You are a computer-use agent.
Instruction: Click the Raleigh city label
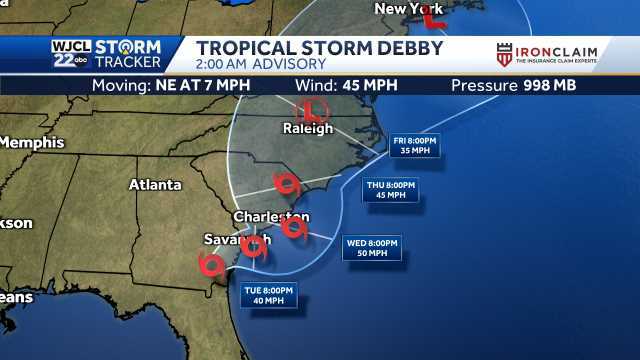tap(307, 128)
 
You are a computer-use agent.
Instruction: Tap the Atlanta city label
tap(155, 184)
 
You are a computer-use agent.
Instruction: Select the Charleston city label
tap(271, 216)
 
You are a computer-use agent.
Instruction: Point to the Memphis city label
tap(31, 142)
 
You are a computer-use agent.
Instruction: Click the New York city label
tap(407, 9)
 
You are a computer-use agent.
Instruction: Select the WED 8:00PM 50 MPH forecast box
tap(372, 247)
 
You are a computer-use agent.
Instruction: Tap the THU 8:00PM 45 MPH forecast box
tap(389, 190)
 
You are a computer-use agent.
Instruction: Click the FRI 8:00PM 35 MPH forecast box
tap(414, 147)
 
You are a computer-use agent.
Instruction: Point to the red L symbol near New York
tap(433, 15)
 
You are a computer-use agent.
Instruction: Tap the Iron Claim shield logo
tap(505, 54)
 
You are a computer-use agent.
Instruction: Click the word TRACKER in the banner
tap(135, 63)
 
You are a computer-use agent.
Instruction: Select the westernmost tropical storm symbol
tap(212, 264)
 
